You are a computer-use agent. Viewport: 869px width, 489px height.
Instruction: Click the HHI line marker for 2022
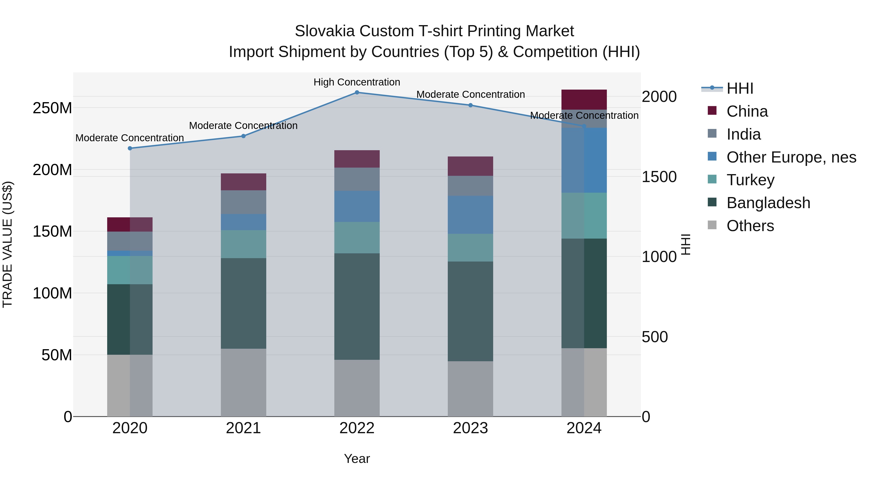pyautogui.click(x=357, y=92)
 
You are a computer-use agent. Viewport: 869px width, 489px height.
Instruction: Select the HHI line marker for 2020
pyautogui.click(x=130, y=148)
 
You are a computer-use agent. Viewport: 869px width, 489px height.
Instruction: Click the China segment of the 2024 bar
pyautogui.click(x=584, y=99)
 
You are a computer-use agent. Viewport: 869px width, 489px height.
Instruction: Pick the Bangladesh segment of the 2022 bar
pyautogui.click(x=357, y=306)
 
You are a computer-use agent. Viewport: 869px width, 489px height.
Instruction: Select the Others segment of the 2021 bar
pyautogui.click(x=243, y=382)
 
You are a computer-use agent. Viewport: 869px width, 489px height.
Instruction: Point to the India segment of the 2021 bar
pyautogui.click(x=243, y=202)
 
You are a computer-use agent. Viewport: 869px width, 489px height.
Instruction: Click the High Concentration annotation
pyautogui.click(x=357, y=82)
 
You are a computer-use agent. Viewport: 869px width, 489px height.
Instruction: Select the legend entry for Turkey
pyautogui.click(x=750, y=180)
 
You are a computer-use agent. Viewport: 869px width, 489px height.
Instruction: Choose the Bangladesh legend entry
pyautogui.click(x=768, y=203)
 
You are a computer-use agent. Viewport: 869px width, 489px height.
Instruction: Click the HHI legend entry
pyautogui.click(x=740, y=88)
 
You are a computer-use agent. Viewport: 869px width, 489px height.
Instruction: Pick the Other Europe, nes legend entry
pyautogui.click(x=791, y=157)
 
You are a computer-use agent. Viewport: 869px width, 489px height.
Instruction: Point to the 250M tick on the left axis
pyautogui.click(x=52, y=108)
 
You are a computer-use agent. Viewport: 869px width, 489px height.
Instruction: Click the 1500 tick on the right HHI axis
pyautogui.click(x=659, y=177)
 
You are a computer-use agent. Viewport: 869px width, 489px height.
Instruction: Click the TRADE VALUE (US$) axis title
pyautogui.click(x=7, y=244)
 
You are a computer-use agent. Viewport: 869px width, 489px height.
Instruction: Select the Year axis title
pyautogui.click(x=357, y=459)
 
